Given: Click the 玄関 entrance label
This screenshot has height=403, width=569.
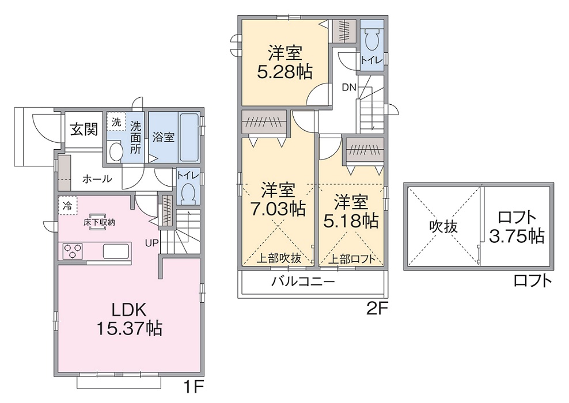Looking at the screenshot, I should click(84, 129).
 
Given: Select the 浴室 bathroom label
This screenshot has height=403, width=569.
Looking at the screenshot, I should click(164, 138).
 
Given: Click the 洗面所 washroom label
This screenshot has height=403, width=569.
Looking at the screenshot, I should click(135, 136).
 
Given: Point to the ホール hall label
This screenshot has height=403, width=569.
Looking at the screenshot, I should click(97, 179).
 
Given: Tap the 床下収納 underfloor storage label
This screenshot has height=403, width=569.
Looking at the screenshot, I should click(98, 222).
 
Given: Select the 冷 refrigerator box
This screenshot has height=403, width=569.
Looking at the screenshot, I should click(67, 204).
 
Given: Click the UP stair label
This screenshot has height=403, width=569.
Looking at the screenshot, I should click(151, 243).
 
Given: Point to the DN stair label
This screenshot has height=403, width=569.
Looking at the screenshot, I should click(349, 88).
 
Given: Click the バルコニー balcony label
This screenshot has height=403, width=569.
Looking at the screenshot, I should click(303, 282).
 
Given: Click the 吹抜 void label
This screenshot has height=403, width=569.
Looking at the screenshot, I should click(443, 227).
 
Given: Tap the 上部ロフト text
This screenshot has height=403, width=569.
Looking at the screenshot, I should click(352, 259).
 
